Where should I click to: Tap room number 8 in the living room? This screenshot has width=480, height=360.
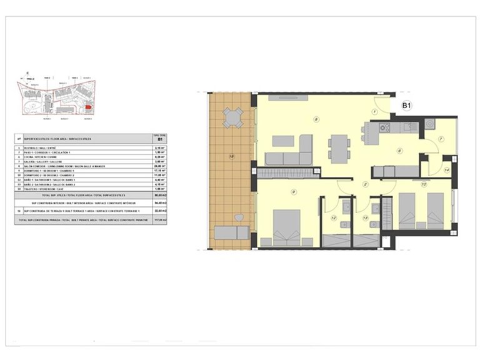coord(317,119)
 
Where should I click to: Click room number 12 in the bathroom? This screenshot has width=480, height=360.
coord(333,217)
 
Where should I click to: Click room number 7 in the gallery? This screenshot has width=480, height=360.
coord(440,139)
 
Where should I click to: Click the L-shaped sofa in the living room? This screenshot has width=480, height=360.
coord(291,151)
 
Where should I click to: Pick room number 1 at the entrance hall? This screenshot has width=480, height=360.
coord(374,111)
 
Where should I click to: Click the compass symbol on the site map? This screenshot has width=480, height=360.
coord(26,72)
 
